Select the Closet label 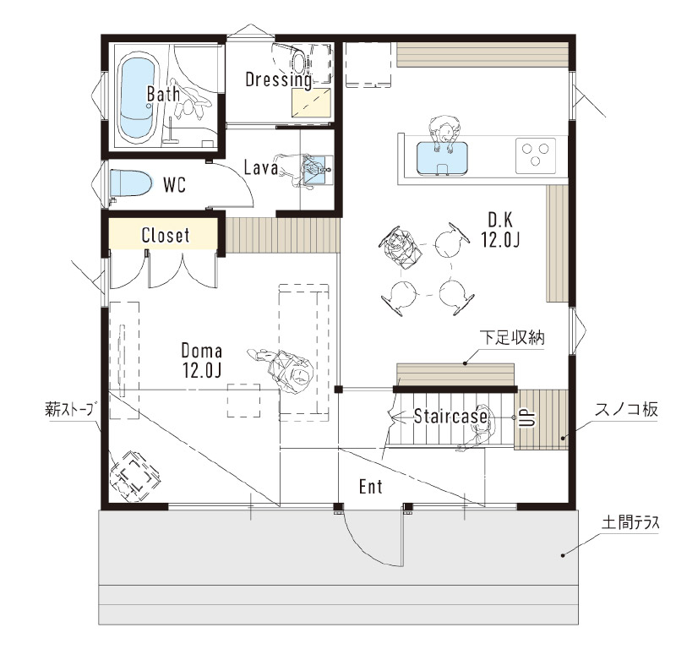pos(166,235)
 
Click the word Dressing pos(278,79)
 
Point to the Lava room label pos(261,167)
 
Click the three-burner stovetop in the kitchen pos(534,155)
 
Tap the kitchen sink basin pos(442,157)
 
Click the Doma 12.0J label pos(201,359)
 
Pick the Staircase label pos(450,416)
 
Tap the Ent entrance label pos(371,487)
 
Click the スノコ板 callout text pos(627,412)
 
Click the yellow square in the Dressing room pos(310,103)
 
